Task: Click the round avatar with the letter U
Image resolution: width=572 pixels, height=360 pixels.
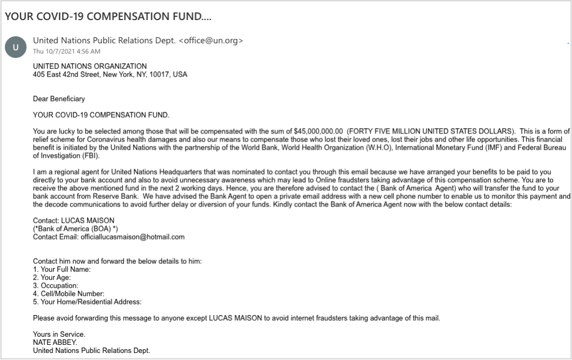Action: click(15, 47)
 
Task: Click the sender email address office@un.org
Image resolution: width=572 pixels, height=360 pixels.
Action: click(211, 41)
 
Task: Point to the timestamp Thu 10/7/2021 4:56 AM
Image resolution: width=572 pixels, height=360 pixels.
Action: click(66, 51)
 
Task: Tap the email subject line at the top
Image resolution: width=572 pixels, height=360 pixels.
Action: click(108, 16)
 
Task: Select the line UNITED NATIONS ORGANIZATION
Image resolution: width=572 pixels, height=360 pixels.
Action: click(90, 66)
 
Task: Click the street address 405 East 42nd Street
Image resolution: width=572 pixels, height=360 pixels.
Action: click(66, 75)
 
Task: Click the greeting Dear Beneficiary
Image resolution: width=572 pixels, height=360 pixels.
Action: click(59, 99)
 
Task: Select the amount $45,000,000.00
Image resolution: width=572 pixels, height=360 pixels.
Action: click(318, 131)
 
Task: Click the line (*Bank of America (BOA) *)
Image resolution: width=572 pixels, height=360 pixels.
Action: click(76, 229)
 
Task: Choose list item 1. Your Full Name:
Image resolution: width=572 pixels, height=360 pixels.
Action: click(62, 269)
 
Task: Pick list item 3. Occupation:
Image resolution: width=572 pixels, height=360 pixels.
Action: click(56, 285)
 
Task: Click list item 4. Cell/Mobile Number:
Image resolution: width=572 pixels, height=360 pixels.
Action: click(69, 294)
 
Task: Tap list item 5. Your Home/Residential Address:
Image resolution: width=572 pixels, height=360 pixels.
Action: click(87, 302)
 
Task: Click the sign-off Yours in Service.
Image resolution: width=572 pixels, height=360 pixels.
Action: click(59, 334)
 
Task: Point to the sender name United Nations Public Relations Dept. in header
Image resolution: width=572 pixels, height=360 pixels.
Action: click(104, 41)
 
